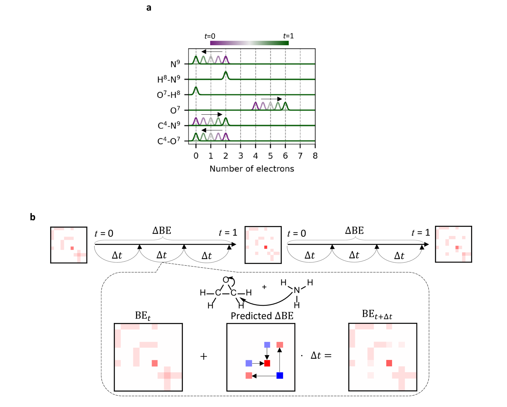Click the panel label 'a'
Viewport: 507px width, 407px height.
click(x=149, y=8)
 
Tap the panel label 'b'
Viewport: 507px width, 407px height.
click(x=33, y=217)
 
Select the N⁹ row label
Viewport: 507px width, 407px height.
click(x=175, y=64)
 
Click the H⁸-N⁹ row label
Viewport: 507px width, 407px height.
click(x=168, y=79)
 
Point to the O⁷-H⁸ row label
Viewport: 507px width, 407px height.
click(x=168, y=95)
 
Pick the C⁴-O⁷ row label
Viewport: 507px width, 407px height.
click(x=169, y=141)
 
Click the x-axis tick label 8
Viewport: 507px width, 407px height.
click(x=315, y=156)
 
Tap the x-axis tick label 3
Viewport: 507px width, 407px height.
click(x=241, y=156)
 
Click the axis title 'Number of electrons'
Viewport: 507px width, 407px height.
click(x=252, y=169)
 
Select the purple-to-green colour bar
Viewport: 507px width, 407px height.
click(x=249, y=43)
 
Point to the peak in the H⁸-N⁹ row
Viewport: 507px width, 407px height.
click(x=226, y=74)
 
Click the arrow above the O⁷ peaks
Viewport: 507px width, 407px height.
click(x=271, y=99)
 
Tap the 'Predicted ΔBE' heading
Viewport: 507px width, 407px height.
click(x=262, y=316)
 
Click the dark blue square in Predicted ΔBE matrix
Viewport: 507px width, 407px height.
click(x=280, y=376)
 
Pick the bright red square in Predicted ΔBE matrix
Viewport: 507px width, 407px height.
click(x=267, y=363)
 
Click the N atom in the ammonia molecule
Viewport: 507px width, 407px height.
click(x=296, y=290)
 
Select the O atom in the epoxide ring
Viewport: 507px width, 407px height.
click(x=226, y=280)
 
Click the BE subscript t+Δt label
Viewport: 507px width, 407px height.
click(x=377, y=315)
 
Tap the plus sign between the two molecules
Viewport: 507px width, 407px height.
click(x=264, y=287)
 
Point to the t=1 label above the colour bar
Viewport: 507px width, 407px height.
click(x=288, y=36)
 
